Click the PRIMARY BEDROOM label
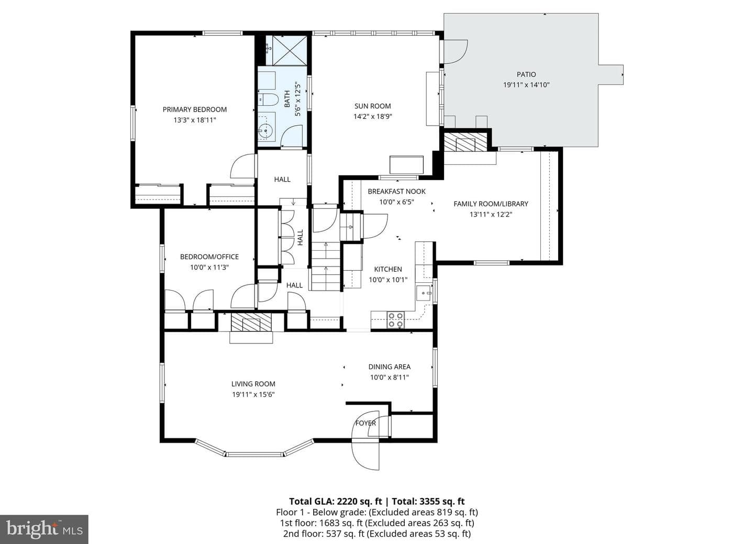[195, 109]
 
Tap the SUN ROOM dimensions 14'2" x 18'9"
[373, 117]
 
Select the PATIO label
[526, 74]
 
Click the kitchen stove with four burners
[395, 320]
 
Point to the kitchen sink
[424, 293]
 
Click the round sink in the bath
[266, 130]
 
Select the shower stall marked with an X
[289, 50]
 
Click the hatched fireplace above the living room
[251, 322]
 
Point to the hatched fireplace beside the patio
[465, 142]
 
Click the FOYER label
[365, 423]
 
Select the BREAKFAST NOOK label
[396, 192]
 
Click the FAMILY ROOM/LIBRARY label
[491, 204]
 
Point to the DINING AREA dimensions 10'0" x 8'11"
[390, 378]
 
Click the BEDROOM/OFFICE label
[209, 257]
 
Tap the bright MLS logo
[44, 529]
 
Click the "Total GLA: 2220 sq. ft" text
[336, 501]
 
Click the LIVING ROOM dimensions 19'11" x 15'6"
[253, 395]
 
